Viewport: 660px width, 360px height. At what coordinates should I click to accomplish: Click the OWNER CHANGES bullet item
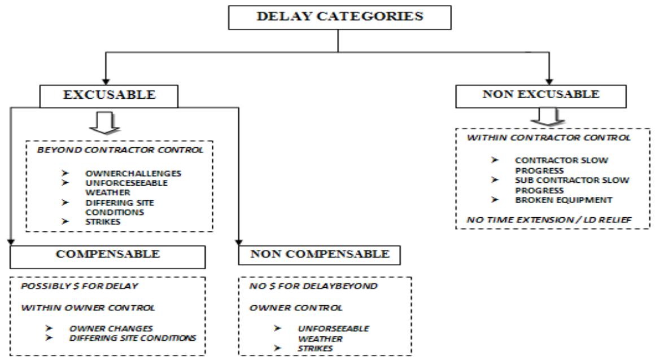(x=103, y=329)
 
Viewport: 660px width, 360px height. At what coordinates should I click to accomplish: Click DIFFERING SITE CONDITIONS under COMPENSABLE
(x=132, y=338)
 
